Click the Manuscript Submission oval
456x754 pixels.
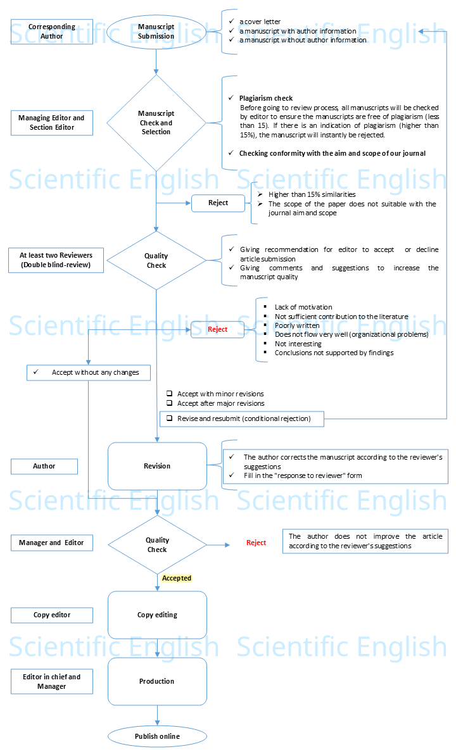156,32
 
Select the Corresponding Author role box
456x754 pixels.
52,32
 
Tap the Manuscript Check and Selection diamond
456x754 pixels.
156,123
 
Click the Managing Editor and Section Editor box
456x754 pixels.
52,123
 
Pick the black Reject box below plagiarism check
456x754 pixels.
218,203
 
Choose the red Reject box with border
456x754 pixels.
218,329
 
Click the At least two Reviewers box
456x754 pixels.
52,260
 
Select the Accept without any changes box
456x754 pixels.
89,372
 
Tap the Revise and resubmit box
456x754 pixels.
242,418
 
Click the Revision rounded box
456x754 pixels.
157,466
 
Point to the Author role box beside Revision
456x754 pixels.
44,467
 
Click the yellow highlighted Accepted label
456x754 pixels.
177,578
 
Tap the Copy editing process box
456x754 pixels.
157,615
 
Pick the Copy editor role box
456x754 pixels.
52,615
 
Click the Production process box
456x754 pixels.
157,681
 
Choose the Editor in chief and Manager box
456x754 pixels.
52,681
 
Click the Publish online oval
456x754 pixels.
157,736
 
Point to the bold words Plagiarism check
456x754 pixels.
266,98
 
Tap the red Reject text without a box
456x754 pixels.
256,543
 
